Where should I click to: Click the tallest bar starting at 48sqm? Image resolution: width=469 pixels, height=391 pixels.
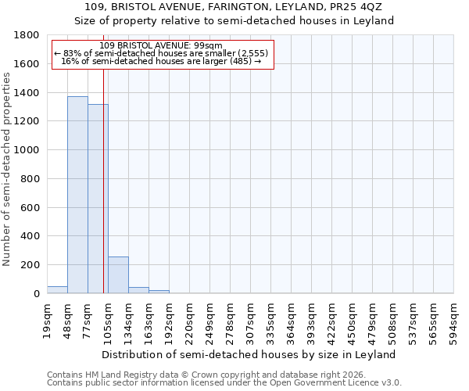[77, 195]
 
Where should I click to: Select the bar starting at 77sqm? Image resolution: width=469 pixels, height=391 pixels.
[98, 199]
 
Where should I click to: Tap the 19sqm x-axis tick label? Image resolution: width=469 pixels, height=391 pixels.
[48, 320]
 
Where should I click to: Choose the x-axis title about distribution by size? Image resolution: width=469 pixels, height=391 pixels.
[249, 354]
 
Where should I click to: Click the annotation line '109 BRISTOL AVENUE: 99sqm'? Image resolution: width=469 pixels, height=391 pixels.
[162, 45]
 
